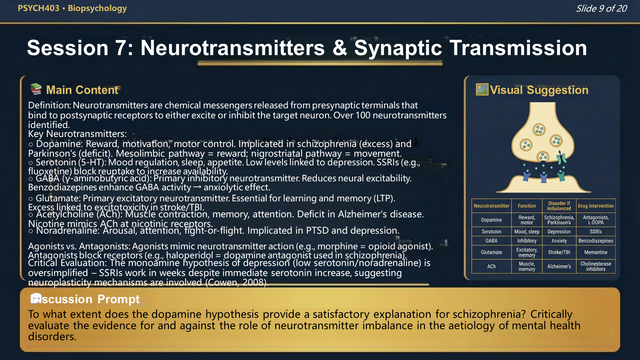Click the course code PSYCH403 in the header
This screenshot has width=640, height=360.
pos(38,8)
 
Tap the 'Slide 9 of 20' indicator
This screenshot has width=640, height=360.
pos(601,8)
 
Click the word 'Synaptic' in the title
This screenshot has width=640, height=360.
pos(398,48)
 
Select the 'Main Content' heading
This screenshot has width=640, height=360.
pos(82,90)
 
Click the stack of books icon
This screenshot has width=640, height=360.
pos(36,89)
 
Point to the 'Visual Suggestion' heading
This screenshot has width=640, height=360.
pos(539,90)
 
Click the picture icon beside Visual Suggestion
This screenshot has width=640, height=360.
pos(482,89)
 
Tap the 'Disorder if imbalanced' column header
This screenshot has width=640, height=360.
pos(559,206)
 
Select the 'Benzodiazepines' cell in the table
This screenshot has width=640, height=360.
pos(596,241)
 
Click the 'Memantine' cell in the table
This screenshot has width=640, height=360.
pos(596,252)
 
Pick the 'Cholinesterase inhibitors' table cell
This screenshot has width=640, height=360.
pos(596,266)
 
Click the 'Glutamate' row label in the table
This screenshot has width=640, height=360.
pos(491,252)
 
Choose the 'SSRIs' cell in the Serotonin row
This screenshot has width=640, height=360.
pos(596,232)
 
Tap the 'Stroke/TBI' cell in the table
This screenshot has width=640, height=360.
pos(559,252)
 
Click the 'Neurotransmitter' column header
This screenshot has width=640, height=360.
pos(491,206)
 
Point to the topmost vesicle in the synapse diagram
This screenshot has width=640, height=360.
pos(539,130)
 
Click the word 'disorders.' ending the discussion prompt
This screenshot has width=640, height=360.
pos(52,337)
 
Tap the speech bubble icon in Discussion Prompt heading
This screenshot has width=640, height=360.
pos(36,298)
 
